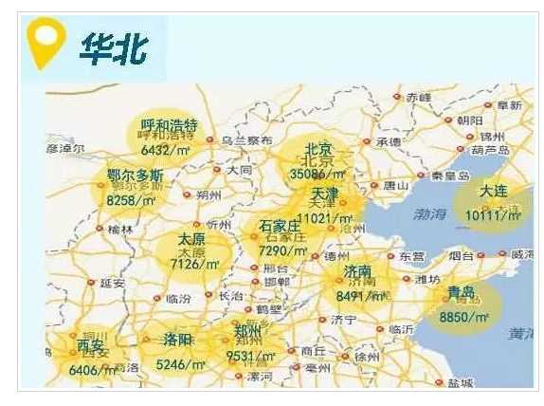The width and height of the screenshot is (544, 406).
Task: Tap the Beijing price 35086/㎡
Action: [x=318, y=175]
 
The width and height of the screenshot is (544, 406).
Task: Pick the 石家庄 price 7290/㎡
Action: [x=284, y=250]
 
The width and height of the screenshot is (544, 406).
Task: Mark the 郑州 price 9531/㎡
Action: [x=251, y=357]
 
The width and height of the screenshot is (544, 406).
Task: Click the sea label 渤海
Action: [x=426, y=214]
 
